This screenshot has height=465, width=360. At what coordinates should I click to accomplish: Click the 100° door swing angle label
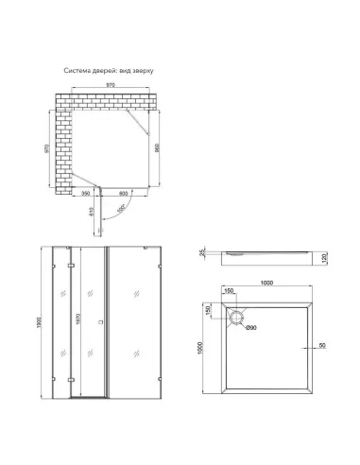(120, 209)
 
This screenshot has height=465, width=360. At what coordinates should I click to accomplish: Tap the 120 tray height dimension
(323, 258)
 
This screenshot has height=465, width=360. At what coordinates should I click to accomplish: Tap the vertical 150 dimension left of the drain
(210, 310)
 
